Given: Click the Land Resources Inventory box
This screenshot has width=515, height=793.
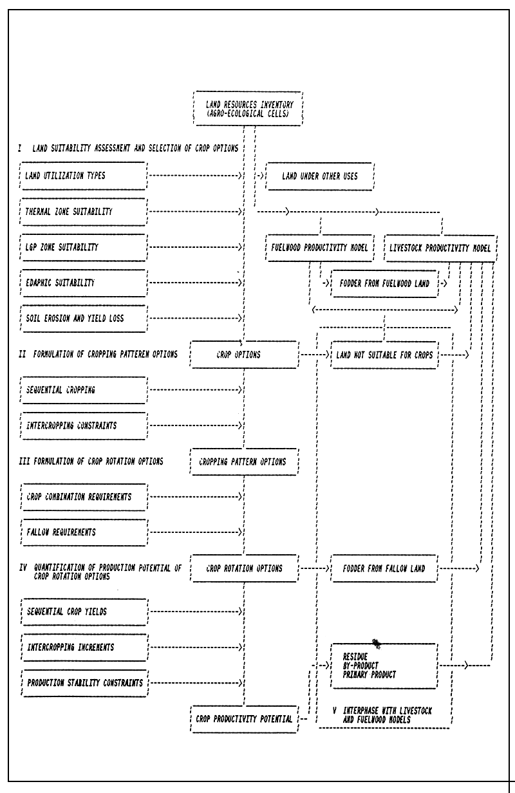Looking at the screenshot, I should pos(247,106).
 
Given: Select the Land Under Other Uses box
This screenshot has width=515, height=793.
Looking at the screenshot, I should pos(319,176).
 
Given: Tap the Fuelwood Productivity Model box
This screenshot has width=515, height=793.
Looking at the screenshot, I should pos(319,248).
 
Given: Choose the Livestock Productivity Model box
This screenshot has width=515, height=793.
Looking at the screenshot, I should pos(440,248).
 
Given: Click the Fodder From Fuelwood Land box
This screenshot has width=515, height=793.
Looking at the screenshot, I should pos(384,283).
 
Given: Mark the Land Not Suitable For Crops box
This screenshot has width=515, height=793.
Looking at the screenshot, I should pos(384,355).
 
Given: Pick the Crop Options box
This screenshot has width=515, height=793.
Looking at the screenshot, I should pos(245,355).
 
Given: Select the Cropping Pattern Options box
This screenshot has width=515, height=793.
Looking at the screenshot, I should pos(245,462).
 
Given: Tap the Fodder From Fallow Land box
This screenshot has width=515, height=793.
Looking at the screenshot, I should pos(384,568).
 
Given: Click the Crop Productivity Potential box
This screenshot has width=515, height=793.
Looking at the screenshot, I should pos(245,718).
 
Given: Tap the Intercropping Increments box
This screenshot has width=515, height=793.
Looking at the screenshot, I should pos(82,646).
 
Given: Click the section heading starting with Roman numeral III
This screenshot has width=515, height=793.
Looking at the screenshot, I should pos(90,462).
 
